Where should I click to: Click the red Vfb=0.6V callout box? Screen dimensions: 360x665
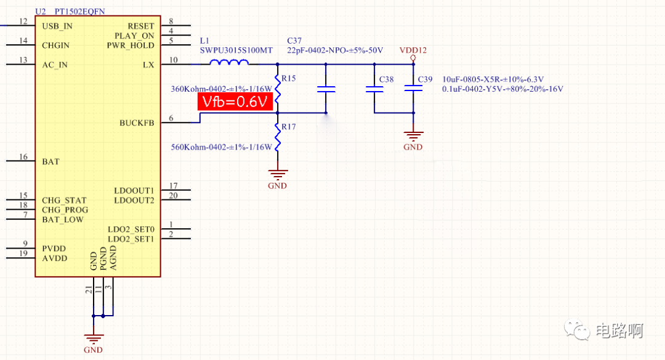pyautogui.click(x=235, y=102)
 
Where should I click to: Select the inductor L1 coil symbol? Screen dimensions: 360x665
pyautogui.click(x=229, y=62)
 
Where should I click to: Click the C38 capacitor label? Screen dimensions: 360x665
pyautogui.click(x=386, y=80)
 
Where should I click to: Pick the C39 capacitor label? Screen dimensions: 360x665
pyautogui.click(x=425, y=80)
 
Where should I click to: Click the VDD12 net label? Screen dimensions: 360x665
pyautogui.click(x=413, y=50)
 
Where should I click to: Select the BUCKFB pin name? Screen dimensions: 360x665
pyautogui.click(x=137, y=122)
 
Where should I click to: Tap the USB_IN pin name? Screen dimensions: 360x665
pyautogui.click(x=57, y=26)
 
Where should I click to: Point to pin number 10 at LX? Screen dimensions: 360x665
pyautogui.click(x=173, y=60)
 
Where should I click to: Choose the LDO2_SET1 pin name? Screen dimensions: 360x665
pyautogui.click(x=131, y=239)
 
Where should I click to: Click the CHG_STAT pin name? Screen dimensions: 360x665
pyautogui.click(x=64, y=200)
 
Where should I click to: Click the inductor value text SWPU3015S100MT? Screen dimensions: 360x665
pyautogui.click(x=236, y=50)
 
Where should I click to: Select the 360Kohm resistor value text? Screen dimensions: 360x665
pyautogui.click(x=221, y=89)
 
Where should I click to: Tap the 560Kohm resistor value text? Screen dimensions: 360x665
pyautogui.click(x=221, y=147)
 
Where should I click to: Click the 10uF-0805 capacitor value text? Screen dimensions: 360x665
pyautogui.click(x=493, y=79)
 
